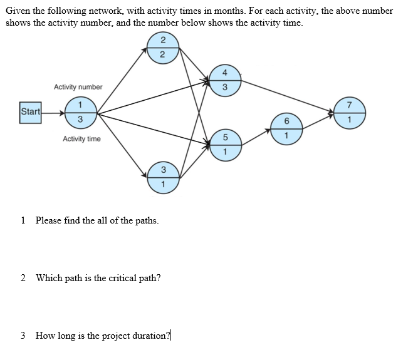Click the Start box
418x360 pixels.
click(x=31, y=112)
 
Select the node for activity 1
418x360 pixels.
click(x=80, y=112)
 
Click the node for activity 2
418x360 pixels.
click(x=162, y=48)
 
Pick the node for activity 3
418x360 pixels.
click(x=162, y=177)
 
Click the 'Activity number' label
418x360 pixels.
click(x=78, y=87)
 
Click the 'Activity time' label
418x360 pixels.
click(x=81, y=138)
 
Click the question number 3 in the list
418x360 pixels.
click(x=23, y=335)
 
